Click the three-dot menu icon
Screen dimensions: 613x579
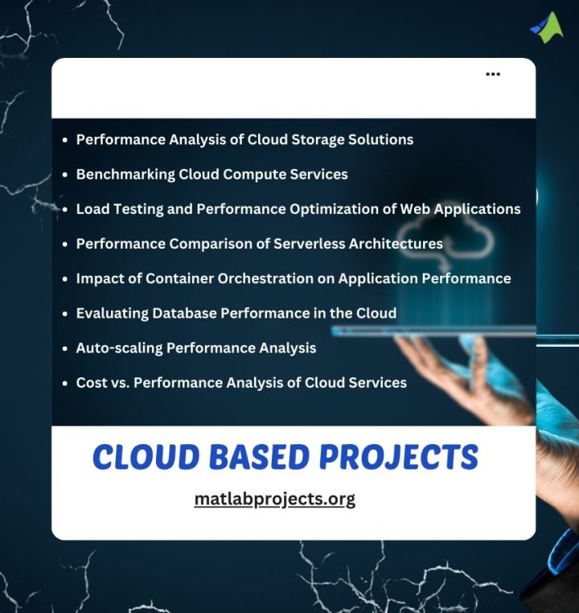point(493,74)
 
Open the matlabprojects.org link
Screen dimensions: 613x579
point(274,499)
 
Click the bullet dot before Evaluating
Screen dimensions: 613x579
point(64,314)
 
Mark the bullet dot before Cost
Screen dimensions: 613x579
point(64,383)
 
